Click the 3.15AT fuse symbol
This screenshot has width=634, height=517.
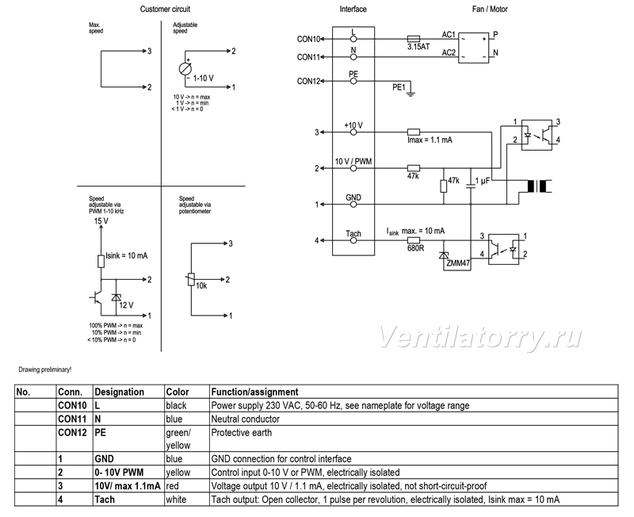point(413,39)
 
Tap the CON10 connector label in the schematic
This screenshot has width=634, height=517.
point(308,39)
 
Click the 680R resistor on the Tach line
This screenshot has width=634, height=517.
point(413,240)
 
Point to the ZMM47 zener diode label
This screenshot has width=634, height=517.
point(458,263)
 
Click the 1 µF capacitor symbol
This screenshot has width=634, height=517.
point(470,186)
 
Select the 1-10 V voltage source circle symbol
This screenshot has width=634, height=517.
point(185,69)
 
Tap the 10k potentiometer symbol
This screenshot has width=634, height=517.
point(191,280)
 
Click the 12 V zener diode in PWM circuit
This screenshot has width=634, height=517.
point(116,297)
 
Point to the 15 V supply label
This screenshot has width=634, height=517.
point(101,221)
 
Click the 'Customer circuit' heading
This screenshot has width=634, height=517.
point(165,9)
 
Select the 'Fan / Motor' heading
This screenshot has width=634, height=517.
point(490,9)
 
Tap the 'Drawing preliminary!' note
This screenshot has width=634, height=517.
point(45,370)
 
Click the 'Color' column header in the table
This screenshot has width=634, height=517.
point(177,392)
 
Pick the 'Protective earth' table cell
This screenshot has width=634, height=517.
point(242,432)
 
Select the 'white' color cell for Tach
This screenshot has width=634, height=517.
point(176,500)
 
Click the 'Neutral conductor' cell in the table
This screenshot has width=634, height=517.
point(246,419)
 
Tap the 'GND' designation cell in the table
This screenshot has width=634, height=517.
point(104,459)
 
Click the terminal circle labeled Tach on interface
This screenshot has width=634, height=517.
point(353,241)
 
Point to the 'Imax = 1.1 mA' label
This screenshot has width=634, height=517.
point(430,140)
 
